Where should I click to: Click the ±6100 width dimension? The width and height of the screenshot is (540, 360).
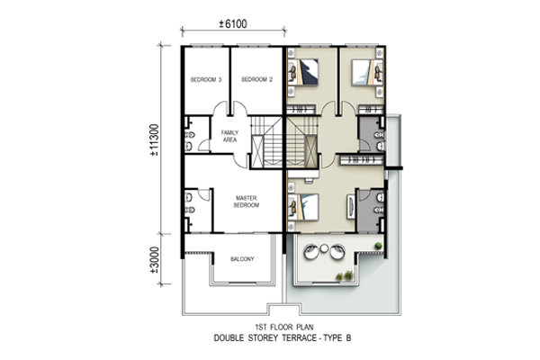coord(233,23)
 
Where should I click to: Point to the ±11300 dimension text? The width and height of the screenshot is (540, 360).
coord(155,139)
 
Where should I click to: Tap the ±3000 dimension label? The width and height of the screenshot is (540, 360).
coord(155,260)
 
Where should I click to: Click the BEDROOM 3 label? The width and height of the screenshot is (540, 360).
coord(206,79)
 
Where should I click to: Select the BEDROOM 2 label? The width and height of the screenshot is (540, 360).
coord(256,79)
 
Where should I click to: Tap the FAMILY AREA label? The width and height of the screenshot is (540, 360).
coord(229,136)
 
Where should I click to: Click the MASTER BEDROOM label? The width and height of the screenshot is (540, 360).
coord(247,202)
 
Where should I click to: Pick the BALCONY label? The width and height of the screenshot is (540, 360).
coord(242,258)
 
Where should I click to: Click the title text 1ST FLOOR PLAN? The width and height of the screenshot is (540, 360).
coord(284,327)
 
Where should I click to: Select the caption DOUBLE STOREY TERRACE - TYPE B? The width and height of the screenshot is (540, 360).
coord(283,338)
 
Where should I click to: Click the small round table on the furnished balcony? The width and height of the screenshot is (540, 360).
coord(324,248)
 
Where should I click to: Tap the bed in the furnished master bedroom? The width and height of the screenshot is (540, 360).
coord(303,207)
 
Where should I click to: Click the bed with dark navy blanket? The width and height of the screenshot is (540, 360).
coord(302,72)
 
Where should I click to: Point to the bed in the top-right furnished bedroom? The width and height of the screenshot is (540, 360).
coord(367,72)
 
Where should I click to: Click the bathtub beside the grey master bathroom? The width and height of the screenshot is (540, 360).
coord(351,206)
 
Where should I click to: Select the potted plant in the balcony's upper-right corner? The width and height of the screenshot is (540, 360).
coord(378,246)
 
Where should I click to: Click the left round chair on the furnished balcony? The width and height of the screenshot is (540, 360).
coord(311,251)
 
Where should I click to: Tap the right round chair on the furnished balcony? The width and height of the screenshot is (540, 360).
coord(337,251)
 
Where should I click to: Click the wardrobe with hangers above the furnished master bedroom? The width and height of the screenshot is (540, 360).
coord(361,160)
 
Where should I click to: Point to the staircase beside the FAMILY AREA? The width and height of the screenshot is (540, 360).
coord(266,142)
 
